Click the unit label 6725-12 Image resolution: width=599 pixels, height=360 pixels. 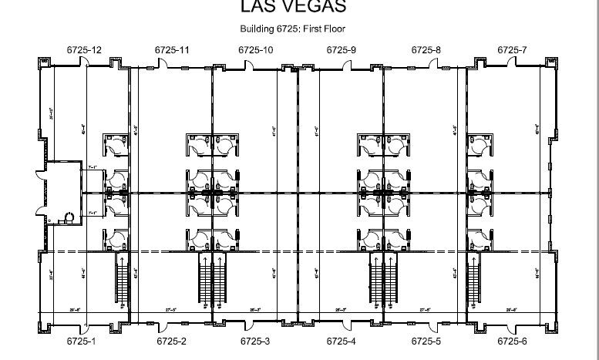[84, 49]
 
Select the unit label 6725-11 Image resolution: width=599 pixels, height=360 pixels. [172, 49]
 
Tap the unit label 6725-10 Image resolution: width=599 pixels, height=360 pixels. [255, 49]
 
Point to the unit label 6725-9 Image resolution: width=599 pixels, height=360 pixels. [341, 49]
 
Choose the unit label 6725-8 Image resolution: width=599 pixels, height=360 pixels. [426, 49]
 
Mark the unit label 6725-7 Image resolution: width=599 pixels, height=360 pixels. [512, 49]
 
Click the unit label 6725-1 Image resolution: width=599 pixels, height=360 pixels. [80, 340]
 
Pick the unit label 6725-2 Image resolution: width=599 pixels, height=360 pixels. [171, 340]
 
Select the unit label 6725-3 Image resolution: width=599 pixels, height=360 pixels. [255, 340]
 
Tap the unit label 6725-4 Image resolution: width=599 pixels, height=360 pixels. [341, 340]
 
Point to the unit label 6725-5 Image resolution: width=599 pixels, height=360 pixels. [426, 340]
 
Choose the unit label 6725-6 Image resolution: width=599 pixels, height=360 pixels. [512, 340]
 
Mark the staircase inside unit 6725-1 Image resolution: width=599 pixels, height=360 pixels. [122, 281]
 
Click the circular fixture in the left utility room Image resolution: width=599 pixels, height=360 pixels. [70, 217]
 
